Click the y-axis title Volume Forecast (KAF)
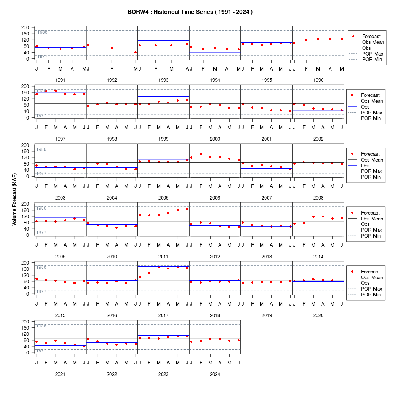point(14,200)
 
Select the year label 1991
point(60,80)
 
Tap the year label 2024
point(215,374)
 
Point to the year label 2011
point(163,257)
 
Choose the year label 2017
point(163,315)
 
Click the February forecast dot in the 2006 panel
point(201,154)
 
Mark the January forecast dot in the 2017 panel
point(140,277)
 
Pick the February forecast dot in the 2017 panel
point(149,273)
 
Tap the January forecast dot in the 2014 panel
point(295,224)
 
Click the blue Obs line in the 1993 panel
point(163,40)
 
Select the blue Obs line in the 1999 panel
point(163,96)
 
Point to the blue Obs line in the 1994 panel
point(215,52)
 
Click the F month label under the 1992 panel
point(112,69)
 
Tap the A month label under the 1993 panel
point(187,69)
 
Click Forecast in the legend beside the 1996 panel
point(371,37)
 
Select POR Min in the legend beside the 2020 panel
point(371,295)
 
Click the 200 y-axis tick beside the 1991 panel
point(25,27)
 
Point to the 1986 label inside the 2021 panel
point(41,326)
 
